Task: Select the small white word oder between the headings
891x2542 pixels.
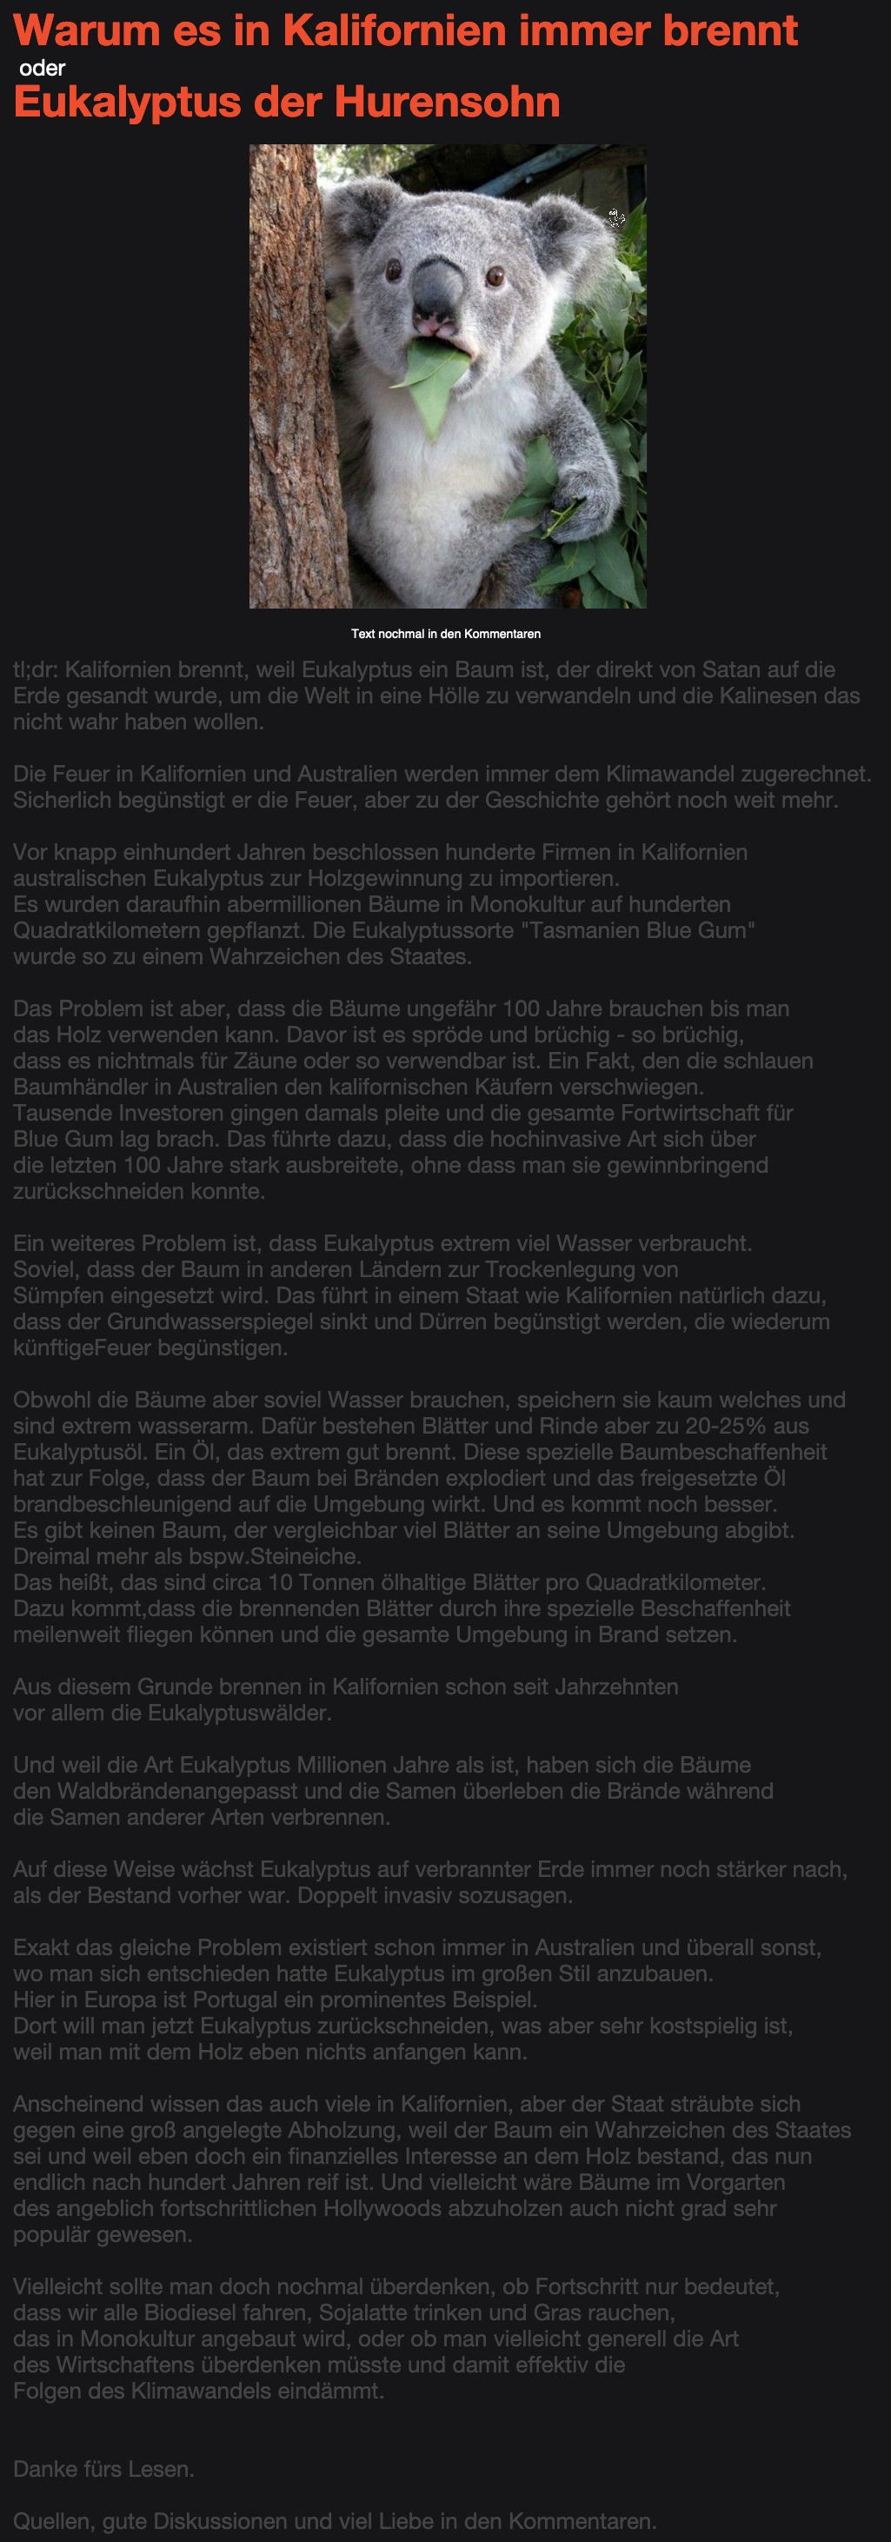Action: tap(43, 68)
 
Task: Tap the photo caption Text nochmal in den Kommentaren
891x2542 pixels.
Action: tap(446, 634)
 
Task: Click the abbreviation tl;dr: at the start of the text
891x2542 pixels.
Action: tap(36, 670)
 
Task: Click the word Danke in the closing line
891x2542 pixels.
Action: tap(43, 2469)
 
